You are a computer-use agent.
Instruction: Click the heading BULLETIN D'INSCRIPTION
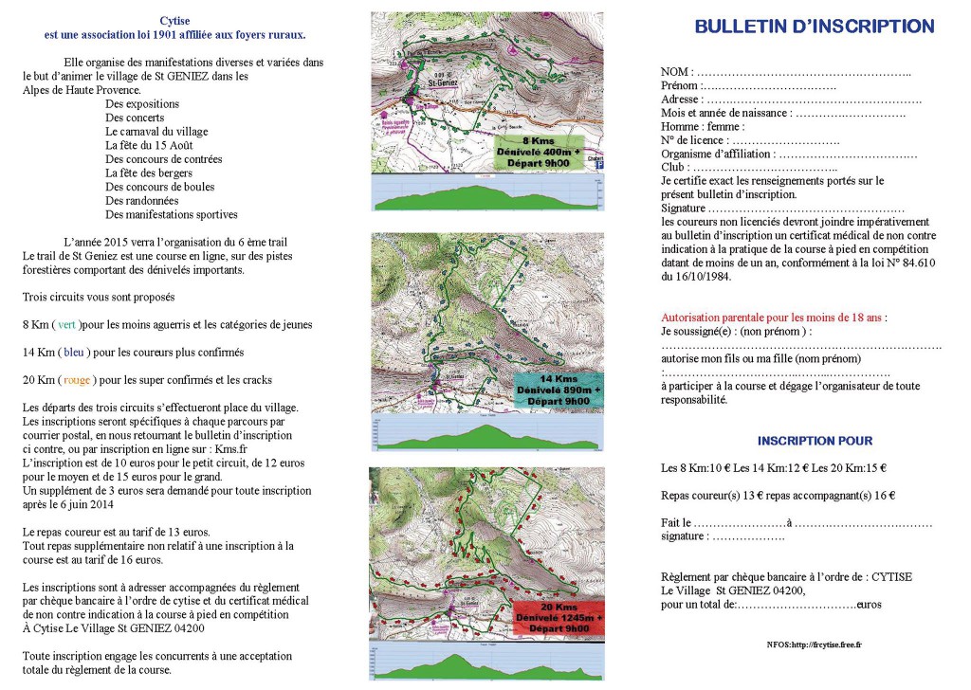815,27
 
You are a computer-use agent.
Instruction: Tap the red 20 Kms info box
559,615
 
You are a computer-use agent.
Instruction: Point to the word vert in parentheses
66,324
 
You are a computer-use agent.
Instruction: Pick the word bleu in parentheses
74,352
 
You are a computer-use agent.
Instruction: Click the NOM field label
676,72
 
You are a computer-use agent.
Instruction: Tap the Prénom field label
679,85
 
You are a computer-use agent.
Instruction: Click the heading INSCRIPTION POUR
815,441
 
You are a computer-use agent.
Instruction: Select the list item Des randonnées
142,201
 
